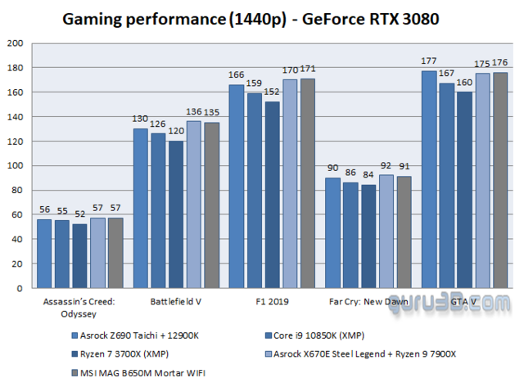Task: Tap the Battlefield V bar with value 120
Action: point(175,215)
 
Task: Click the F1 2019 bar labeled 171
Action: point(308,184)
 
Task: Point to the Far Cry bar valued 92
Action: point(386,232)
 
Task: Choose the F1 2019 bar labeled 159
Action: point(255,191)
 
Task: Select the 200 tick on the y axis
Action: point(16,43)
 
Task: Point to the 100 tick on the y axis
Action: point(16,166)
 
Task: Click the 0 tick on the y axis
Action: point(21,289)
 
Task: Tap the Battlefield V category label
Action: point(176,301)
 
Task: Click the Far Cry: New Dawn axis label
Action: point(368,301)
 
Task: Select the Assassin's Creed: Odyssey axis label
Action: point(80,307)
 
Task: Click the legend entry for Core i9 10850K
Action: point(315,335)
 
